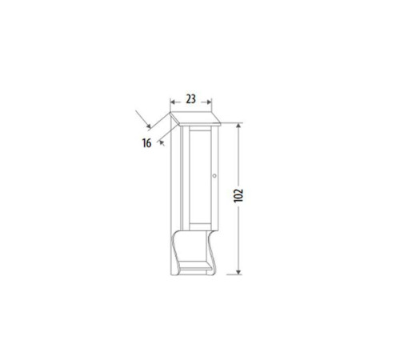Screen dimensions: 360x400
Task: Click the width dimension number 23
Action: coord(190,99)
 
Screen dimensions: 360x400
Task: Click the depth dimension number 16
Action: coord(147,143)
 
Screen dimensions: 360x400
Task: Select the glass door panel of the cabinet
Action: coord(202,176)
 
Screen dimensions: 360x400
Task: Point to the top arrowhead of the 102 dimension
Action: coord(239,126)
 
